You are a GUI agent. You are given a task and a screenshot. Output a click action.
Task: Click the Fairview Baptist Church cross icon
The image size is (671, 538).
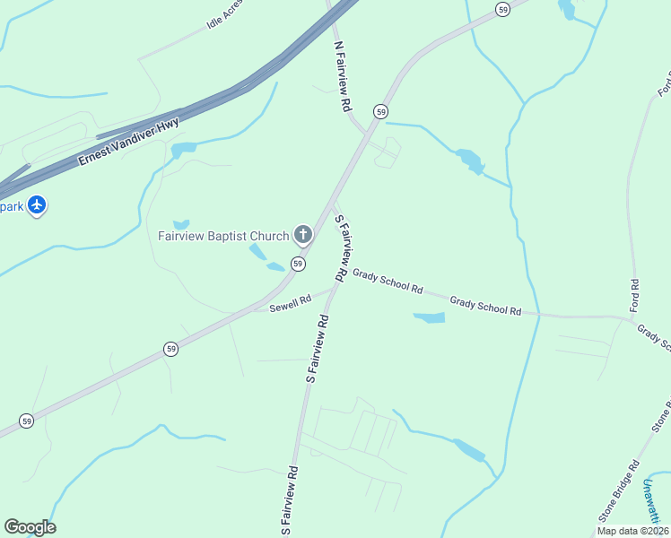[303, 236]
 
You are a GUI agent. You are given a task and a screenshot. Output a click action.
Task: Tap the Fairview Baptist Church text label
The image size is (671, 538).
[223, 237]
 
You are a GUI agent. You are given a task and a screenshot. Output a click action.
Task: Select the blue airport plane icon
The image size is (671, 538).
[37, 205]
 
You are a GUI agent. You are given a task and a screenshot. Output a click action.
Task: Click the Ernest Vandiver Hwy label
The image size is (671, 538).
[128, 142]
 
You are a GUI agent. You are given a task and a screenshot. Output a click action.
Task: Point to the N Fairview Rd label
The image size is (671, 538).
[342, 75]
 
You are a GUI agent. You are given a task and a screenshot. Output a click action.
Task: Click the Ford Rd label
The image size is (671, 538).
[634, 296]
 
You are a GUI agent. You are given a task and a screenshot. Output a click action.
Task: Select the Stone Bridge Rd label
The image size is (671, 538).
[620, 491]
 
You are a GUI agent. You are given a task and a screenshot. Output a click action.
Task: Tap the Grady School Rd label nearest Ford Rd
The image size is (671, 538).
[485, 306]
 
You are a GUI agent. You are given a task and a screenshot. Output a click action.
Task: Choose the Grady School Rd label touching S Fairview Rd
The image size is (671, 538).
[388, 281]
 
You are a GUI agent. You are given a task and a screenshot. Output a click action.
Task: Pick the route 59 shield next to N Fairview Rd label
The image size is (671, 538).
[382, 111]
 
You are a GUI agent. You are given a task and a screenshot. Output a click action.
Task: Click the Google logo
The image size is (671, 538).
[30, 527]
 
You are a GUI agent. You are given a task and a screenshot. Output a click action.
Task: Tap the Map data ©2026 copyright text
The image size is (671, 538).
[632, 531]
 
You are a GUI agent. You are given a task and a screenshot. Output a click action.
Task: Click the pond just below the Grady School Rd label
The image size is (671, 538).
[429, 317]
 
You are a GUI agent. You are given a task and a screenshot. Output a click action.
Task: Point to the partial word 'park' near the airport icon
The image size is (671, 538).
[11, 206]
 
